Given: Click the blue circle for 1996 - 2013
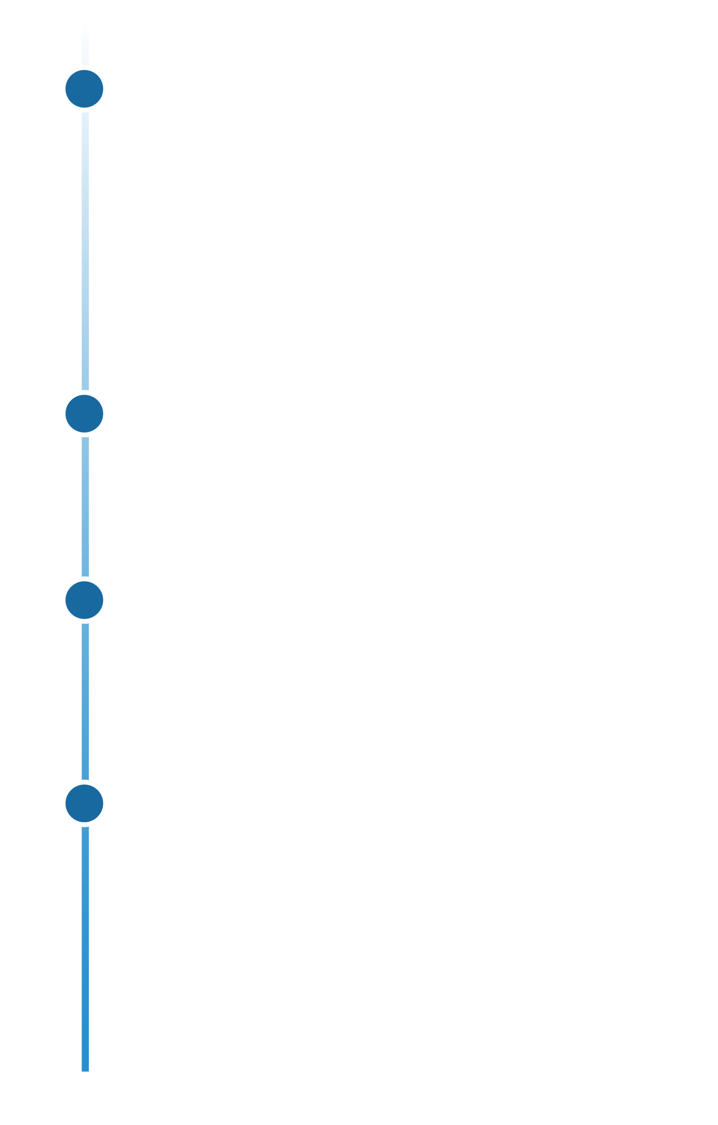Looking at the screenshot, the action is (84, 89).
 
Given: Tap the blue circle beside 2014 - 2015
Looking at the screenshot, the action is (84, 413).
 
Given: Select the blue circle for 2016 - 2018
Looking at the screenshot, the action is (84, 600).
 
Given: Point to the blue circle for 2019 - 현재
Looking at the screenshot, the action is (84, 803).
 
